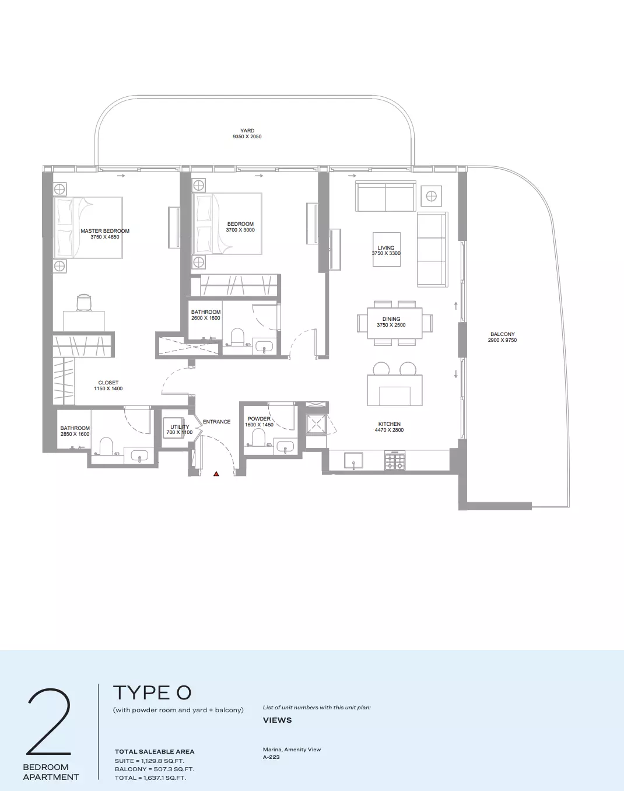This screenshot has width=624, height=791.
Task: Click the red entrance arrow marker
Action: click(x=216, y=474)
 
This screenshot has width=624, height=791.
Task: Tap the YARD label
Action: click(x=247, y=131)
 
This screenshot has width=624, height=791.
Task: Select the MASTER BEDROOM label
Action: click(x=105, y=231)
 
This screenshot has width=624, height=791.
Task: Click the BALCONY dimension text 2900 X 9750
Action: click(x=502, y=340)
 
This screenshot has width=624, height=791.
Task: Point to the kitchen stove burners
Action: click(x=395, y=461)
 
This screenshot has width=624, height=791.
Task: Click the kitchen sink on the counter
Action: click(x=353, y=460)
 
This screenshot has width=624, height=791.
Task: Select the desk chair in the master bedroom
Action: click(x=84, y=303)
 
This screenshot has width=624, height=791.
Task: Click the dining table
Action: click(x=395, y=323)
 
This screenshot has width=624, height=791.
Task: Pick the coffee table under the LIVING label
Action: click(x=387, y=250)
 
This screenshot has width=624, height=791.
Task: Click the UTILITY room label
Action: click(x=180, y=427)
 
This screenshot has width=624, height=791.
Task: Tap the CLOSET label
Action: click(x=108, y=383)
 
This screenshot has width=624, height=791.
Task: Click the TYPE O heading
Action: click(x=152, y=692)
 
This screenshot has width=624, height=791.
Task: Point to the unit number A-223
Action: click(x=271, y=757)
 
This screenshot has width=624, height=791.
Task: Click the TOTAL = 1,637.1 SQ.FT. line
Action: click(x=150, y=778)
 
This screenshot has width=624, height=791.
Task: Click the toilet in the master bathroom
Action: click(x=106, y=446)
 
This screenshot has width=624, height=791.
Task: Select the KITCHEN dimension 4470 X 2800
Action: click(x=389, y=430)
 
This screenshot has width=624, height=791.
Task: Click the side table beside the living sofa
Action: click(x=432, y=196)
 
